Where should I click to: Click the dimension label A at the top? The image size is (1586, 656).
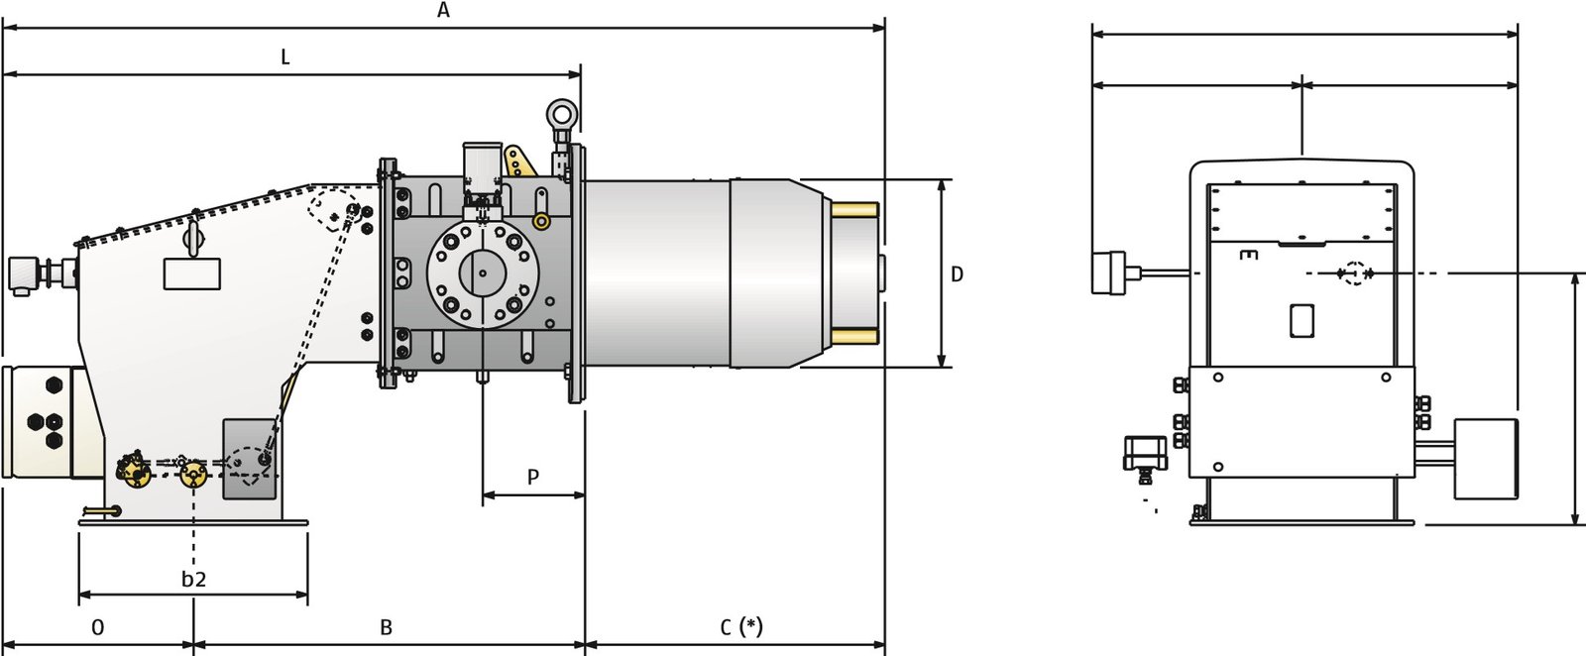(x=443, y=10)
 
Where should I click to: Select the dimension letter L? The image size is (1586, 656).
(x=285, y=56)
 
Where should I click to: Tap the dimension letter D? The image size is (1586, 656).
(x=957, y=274)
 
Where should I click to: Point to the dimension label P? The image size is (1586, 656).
(x=533, y=477)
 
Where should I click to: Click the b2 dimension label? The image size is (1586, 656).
(x=193, y=579)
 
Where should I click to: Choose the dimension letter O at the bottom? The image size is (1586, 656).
(x=98, y=627)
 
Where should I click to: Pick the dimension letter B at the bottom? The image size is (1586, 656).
(x=386, y=627)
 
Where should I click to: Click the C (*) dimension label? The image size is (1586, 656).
(x=741, y=627)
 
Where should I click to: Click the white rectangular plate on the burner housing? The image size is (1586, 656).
(x=192, y=273)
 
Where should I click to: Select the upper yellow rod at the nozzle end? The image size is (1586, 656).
(x=854, y=210)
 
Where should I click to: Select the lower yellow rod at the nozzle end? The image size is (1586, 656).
(x=854, y=336)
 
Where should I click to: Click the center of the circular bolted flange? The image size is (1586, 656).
(x=482, y=273)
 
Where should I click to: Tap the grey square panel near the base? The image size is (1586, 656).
(x=249, y=459)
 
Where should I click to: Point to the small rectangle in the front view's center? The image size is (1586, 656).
(x=1302, y=321)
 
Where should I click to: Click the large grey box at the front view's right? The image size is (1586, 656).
(x=1486, y=459)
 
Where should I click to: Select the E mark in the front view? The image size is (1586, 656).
(x=1250, y=255)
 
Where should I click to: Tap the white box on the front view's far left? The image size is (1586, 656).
(x=1109, y=273)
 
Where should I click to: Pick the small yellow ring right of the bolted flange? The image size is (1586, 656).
(x=541, y=222)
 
